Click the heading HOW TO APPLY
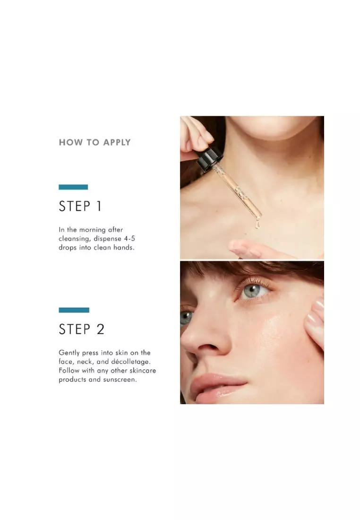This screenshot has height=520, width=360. point(95,142)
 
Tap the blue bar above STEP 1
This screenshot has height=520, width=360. point(73,187)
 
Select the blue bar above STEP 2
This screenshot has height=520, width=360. point(74,310)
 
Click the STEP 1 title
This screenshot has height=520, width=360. point(80,206)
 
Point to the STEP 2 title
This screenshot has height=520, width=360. point(82,329)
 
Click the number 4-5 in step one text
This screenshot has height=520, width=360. point(129,238)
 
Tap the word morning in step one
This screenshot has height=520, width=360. point(93,230)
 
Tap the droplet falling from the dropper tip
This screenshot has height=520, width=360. point(257,225)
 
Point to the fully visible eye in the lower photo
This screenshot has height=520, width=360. point(253,291)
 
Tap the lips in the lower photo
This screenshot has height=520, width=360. point(219,385)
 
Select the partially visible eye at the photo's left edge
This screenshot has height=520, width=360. point(186,318)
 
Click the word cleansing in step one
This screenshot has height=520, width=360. point(74,239)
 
